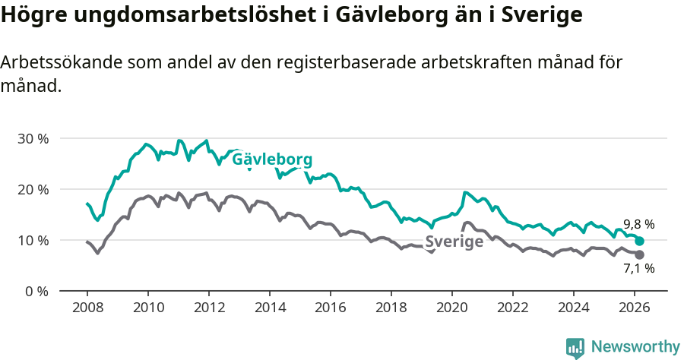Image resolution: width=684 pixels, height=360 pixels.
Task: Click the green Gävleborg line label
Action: pos(272,160)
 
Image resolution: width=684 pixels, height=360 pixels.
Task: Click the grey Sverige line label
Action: pos(454,242)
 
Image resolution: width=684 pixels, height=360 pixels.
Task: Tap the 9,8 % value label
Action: pos(638,225)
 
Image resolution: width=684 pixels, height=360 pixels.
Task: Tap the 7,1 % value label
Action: pos(638,268)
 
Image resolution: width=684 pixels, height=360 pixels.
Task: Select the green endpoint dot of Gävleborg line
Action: pos(640,241)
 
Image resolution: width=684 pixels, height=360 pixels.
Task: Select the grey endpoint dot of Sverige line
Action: pos(640,254)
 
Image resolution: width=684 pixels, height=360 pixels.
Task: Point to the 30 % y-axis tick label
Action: pos(33,139)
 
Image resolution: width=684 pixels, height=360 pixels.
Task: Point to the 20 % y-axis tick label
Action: pos(33,190)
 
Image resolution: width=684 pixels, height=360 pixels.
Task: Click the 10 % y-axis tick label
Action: pos(33,241)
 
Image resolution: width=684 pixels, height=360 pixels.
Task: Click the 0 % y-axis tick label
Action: pos(36,292)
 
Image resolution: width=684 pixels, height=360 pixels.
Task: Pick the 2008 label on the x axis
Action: pos(87,308)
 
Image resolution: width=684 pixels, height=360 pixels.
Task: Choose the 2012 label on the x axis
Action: pos(209,308)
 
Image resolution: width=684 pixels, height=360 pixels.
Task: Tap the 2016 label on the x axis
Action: pos(331,308)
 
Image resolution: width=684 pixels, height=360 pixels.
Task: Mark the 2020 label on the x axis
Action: pos(452,308)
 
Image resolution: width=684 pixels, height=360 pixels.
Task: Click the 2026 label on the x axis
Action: pos(635,308)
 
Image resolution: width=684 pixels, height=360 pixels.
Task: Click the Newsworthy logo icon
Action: pos(575,348)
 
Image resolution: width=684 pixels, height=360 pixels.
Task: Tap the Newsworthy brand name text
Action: pos(635,347)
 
